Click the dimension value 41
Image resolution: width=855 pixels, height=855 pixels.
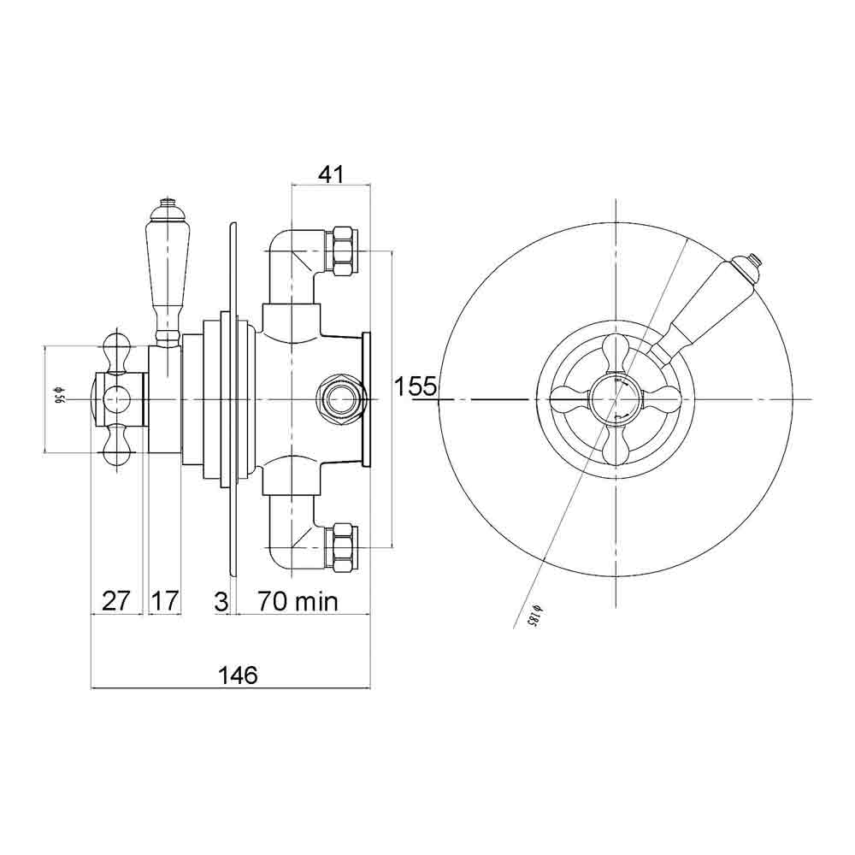[x=330, y=174]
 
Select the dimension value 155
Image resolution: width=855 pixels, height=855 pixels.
[x=416, y=386]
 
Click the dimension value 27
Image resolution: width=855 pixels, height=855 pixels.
[x=115, y=601]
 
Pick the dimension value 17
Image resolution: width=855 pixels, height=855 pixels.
[x=165, y=601]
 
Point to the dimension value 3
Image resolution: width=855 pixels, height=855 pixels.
[x=221, y=601]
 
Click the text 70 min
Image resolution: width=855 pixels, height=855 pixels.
[x=298, y=601]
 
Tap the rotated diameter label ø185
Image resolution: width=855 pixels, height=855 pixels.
[x=531, y=615]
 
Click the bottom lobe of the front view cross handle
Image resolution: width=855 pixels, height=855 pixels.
[x=615, y=445]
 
